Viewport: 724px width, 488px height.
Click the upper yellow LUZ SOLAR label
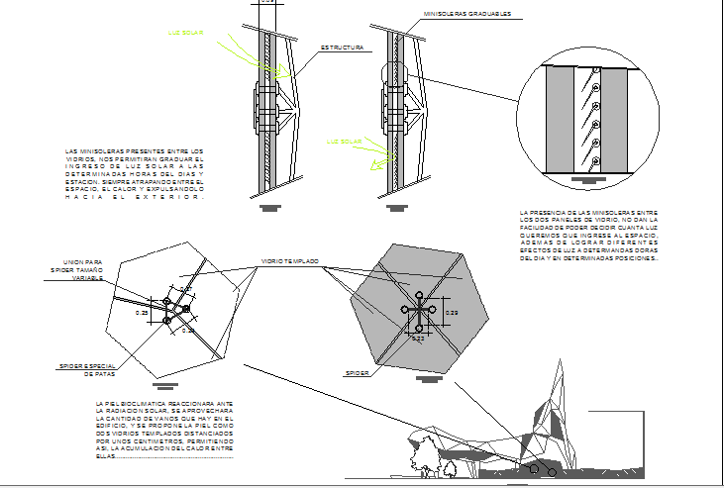[x=186, y=34]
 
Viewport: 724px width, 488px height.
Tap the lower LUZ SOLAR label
[x=343, y=142]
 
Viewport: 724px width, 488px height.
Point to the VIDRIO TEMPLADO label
[x=289, y=261]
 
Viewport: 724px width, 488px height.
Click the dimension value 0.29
[x=452, y=313]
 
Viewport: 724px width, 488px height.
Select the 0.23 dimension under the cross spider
[x=418, y=339]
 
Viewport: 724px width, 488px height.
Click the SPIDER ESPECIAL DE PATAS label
[x=88, y=370]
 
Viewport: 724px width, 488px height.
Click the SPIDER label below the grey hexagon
[x=357, y=373]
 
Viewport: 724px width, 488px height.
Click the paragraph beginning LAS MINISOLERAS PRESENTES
[x=133, y=174]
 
